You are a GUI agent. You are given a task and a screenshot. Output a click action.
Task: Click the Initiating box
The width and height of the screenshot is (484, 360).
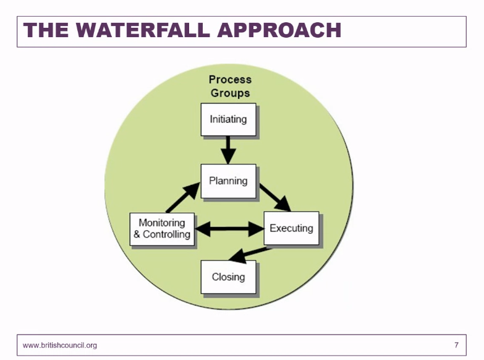(x=228, y=119)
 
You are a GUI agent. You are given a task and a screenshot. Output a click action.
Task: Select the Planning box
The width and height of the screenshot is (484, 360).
(x=228, y=181)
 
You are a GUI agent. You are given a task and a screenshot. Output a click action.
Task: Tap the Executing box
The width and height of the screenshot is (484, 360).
(x=291, y=228)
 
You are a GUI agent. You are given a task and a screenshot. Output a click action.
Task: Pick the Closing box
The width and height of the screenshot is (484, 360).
(x=228, y=276)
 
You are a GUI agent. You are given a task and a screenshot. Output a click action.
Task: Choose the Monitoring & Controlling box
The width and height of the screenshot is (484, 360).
(x=162, y=229)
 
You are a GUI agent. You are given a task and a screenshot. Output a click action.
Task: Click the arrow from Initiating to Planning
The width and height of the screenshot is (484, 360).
(x=228, y=150)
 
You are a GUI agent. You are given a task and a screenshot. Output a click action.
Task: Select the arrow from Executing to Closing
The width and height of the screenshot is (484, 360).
(x=250, y=254)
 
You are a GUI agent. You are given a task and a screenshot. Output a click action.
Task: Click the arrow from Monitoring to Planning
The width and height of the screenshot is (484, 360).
(x=183, y=197)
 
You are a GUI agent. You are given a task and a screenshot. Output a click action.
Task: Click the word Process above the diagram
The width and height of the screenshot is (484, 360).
(x=230, y=80)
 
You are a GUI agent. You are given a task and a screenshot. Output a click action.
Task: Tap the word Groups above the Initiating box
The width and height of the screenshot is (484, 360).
(x=230, y=93)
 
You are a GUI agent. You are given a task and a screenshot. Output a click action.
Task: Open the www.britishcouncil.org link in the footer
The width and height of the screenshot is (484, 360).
(x=60, y=345)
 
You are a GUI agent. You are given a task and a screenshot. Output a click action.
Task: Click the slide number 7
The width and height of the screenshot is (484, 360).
(x=456, y=345)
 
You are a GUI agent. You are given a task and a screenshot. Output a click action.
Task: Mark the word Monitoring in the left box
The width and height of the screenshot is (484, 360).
(x=162, y=223)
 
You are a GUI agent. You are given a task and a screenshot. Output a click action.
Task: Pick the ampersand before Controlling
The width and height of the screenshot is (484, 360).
(x=137, y=234)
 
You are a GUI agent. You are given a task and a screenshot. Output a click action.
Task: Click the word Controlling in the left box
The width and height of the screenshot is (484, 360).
(x=166, y=234)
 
